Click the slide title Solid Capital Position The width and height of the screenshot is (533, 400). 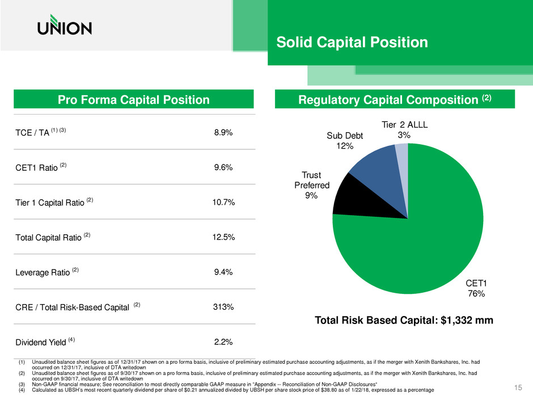pos(352,42)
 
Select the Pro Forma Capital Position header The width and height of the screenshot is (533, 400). pos(134,99)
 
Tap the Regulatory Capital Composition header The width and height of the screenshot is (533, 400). pos(395,99)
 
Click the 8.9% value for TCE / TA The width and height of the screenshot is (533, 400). pos(223,132)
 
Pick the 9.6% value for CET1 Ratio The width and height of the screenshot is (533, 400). pos(223,167)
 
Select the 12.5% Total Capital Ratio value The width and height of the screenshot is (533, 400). pos(223,237)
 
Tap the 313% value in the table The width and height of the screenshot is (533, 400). pos(223,307)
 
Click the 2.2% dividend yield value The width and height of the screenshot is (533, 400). pos(223,342)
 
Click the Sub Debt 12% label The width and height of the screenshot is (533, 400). pos(345,141)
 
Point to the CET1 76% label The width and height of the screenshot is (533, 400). pos(476,288)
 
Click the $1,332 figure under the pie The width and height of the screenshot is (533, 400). pos(456,320)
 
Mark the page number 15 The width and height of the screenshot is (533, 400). pos(518,388)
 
